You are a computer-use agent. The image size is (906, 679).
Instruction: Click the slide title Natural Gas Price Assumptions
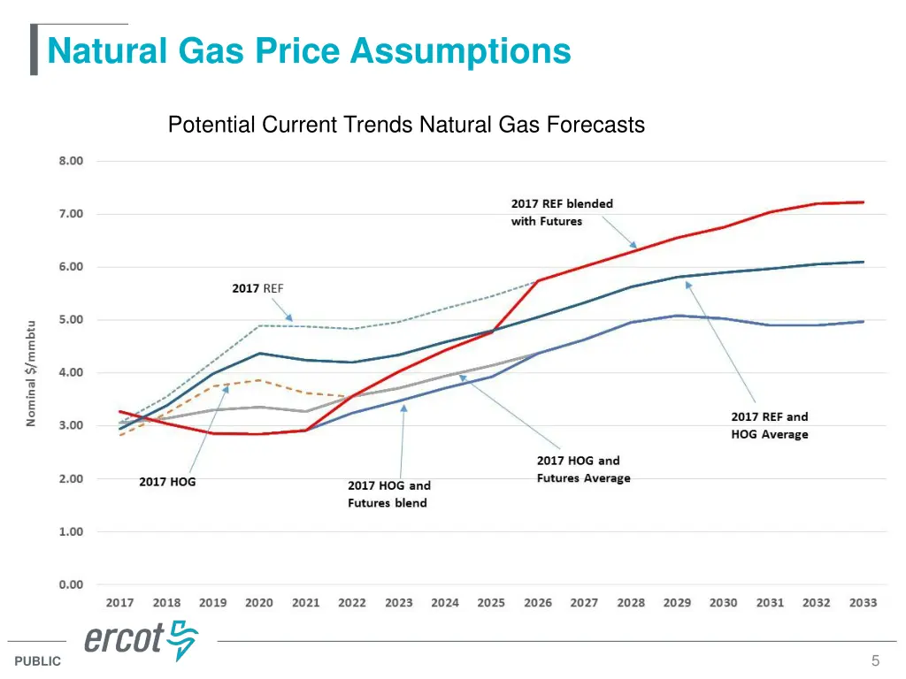(x=309, y=50)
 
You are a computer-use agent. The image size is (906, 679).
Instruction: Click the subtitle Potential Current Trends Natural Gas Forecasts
(x=406, y=126)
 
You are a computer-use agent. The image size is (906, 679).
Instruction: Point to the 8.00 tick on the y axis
(x=71, y=161)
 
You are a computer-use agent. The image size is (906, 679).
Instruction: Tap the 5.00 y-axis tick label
(x=71, y=319)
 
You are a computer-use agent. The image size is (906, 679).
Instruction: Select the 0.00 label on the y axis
(x=71, y=584)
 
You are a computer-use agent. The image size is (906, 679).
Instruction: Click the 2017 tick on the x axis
(x=120, y=603)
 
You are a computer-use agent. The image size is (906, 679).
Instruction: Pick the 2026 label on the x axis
(x=537, y=603)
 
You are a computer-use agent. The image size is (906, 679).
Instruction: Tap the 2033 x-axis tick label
(x=863, y=603)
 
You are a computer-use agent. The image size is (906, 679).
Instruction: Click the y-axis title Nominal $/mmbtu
(x=31, y=373)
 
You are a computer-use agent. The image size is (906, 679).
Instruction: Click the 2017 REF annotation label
(x=257, y=288)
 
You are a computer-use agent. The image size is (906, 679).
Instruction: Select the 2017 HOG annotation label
(x=167, y=482)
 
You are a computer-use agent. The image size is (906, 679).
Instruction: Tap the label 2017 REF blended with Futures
(x=561, y=212)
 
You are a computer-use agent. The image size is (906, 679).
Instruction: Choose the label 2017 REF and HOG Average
(x=769, y=425)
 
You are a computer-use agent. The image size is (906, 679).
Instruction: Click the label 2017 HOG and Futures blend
(x=388, y=494)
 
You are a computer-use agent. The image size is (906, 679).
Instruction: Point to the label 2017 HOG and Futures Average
(x=583, y=469)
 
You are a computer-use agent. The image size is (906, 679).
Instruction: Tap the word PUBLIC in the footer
(x=38, y=661)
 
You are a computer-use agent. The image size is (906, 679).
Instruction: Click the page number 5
(x=875, y=660)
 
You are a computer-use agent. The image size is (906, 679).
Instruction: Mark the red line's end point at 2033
(x=863, y=202)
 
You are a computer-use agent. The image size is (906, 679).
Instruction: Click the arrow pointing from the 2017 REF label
(x=280, y=309)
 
